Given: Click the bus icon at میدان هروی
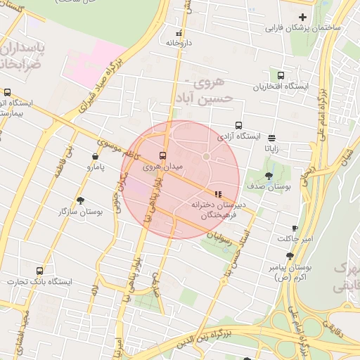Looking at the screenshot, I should pyautogui.click(x=163, y=155).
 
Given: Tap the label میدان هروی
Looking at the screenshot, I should pyautogui.click(x=162, y=167).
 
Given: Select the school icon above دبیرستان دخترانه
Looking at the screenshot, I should pyautogui.click(x=217, y=194).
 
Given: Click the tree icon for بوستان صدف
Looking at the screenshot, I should pyautogui.click(x=269, y=176).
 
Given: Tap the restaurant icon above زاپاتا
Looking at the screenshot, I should pyautogui.click(x=271, y=138).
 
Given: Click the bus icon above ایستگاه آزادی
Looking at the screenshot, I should pyautogui.click(x=239, y=125).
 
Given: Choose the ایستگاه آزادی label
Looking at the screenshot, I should pyautogui.click(x=239, y=136).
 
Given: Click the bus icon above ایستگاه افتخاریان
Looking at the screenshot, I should pyautogui.click(x=281, y=75).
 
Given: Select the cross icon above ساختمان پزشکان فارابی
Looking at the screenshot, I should pyautogui.click(x=302, y=17).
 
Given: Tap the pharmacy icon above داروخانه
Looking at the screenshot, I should pyautogui.click(x=179, y=32).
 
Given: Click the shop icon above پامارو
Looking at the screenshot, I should pyautogui.click(x=95, y=157).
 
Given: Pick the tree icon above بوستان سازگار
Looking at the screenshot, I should pyautogui.click(x=79, y=200).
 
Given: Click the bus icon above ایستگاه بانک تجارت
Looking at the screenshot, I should pyautogui.click(x=39, y=270).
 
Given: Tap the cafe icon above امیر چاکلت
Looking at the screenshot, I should pyautogui.click(x=295, y=229).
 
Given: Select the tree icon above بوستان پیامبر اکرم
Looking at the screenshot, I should pyautogui.click(x=290, y=257).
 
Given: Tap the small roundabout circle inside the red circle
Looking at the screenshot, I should pyautogui.click(x=207, y=156).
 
